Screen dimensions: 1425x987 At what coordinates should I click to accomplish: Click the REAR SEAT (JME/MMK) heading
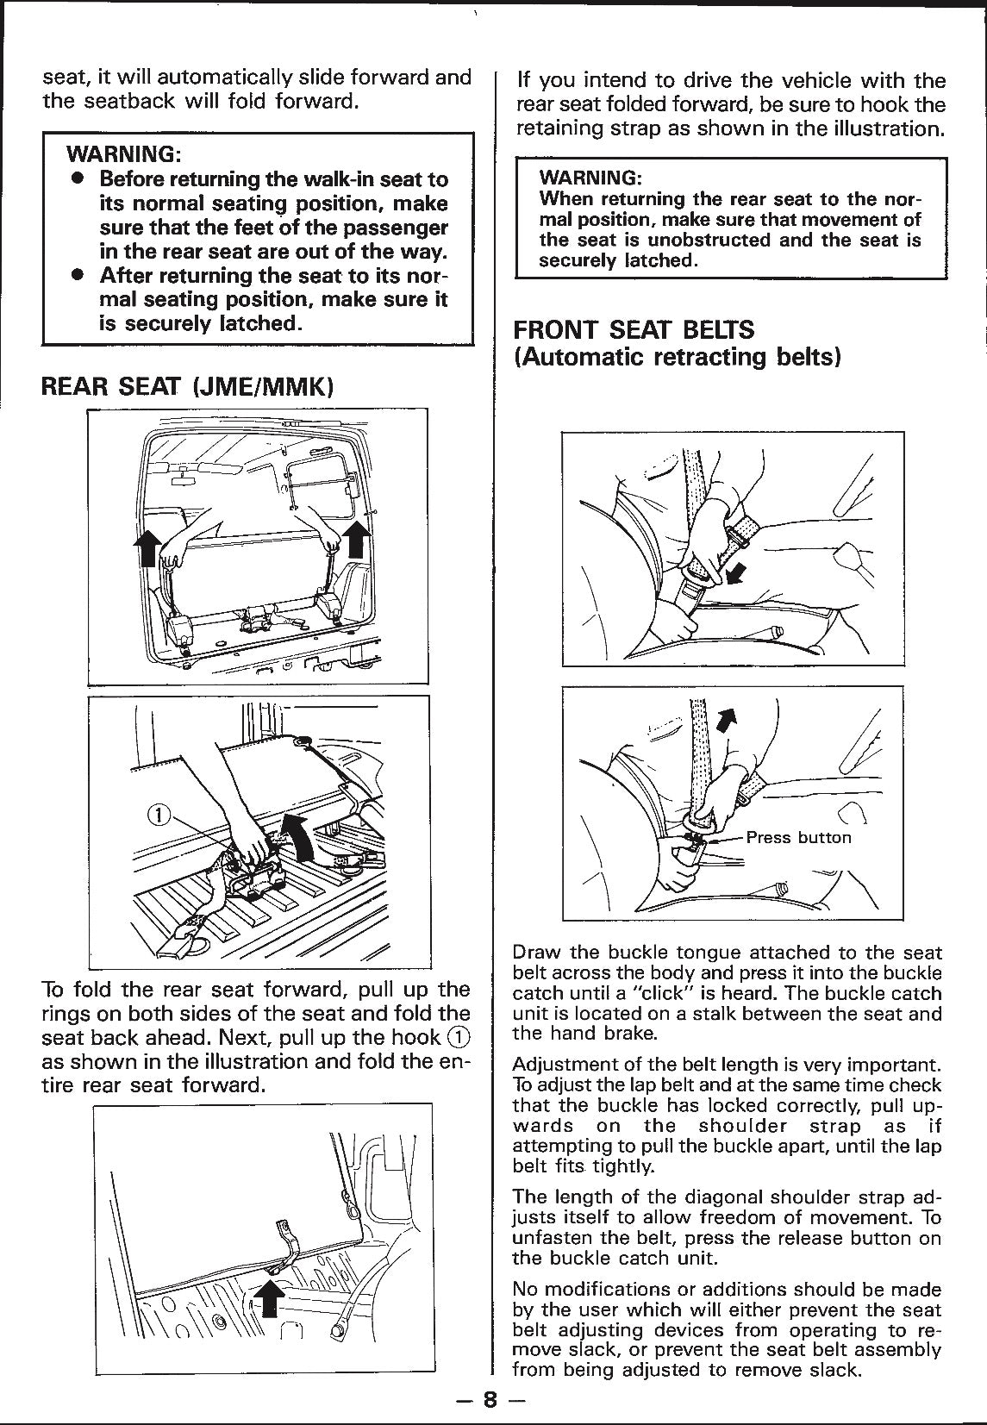pos(188,385)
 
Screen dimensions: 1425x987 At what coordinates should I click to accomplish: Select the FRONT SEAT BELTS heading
pos(634,330)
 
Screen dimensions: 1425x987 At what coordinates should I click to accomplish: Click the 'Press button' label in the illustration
pos(798,837)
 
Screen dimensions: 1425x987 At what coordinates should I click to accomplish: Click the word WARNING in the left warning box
pos(123,155)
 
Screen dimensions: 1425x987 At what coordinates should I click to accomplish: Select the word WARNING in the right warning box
pos(590,178)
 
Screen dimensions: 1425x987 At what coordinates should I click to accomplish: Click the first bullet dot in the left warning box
pos(78,179)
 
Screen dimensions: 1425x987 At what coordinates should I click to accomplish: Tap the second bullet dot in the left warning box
pos(78,276)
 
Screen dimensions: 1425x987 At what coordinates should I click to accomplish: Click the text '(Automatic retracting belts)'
pos(677,357)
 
